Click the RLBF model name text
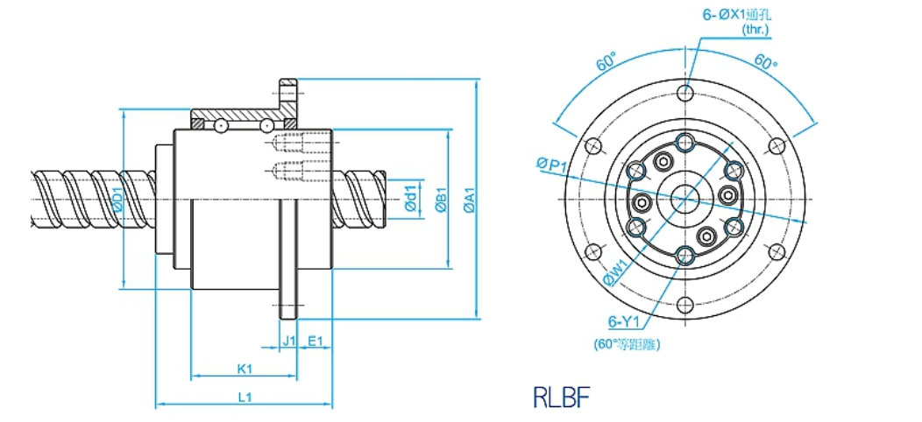coord(561,397)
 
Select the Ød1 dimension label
coord(411,198)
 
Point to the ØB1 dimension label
coord(443,200)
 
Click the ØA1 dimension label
coord(470,200)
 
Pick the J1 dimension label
coord(288,341)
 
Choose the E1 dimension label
coord(316,341)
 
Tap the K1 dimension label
coord(245,369)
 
